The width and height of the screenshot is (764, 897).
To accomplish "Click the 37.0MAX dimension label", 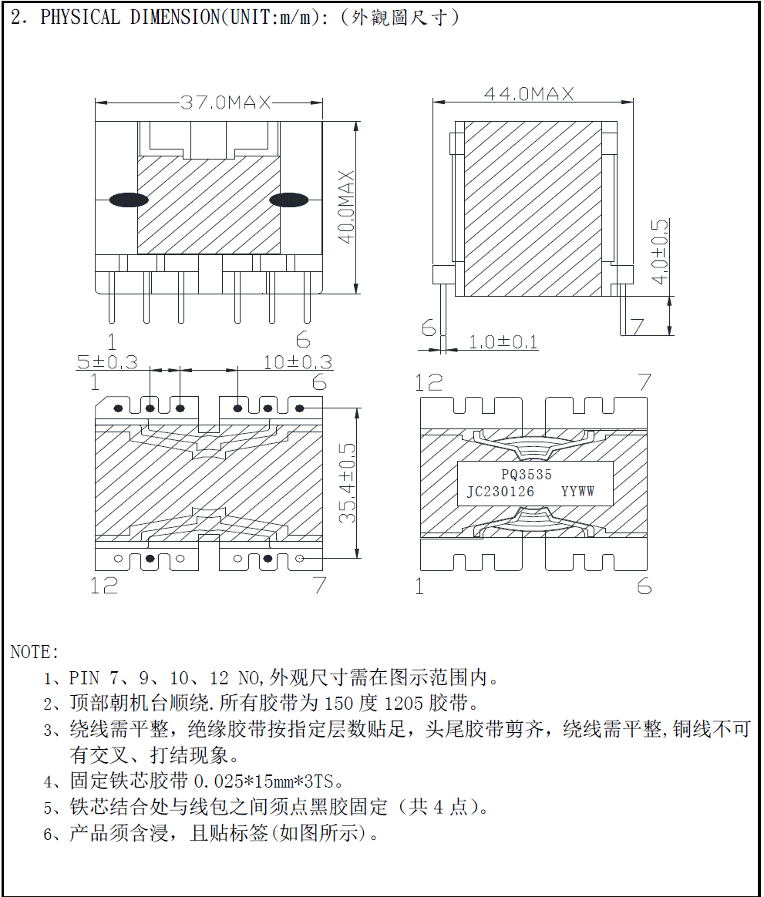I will (226, 102).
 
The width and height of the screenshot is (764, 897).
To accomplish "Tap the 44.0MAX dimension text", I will (529, 94).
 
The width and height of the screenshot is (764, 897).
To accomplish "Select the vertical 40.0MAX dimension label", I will (346, 207).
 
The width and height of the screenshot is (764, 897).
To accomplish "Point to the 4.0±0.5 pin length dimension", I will (659, 252).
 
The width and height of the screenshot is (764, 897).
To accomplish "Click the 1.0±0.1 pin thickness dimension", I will (503, 342).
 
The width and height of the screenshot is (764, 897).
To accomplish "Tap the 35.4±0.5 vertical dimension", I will (349, 483).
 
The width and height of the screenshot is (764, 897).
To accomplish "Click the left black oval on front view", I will (128, 200).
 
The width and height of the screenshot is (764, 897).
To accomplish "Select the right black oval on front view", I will (288, 200).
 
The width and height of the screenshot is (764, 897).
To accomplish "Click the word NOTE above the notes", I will (34, 653).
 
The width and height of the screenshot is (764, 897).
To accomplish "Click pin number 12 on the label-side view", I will (429, 382).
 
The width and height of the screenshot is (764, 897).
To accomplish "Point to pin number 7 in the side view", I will (636, 327).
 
